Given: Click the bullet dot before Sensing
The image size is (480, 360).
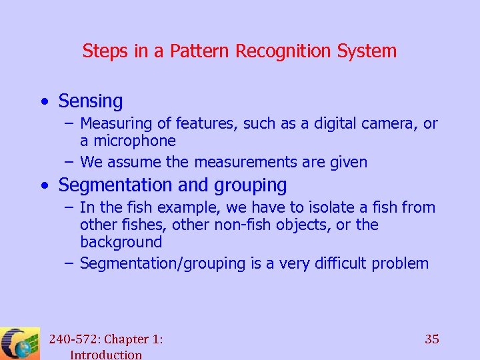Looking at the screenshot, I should (x=44, y=102).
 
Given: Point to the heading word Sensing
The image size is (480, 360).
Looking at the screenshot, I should (x=91, y=101).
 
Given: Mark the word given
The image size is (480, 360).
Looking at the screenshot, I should (x=347, y=162).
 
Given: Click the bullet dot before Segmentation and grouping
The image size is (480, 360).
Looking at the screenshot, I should (x=44, y=185).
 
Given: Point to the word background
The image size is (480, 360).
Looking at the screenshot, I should (x=121, y=243).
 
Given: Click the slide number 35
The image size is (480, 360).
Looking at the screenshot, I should (x=432, y=339).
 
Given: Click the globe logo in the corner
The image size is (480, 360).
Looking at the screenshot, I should (x=19, y=344).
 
